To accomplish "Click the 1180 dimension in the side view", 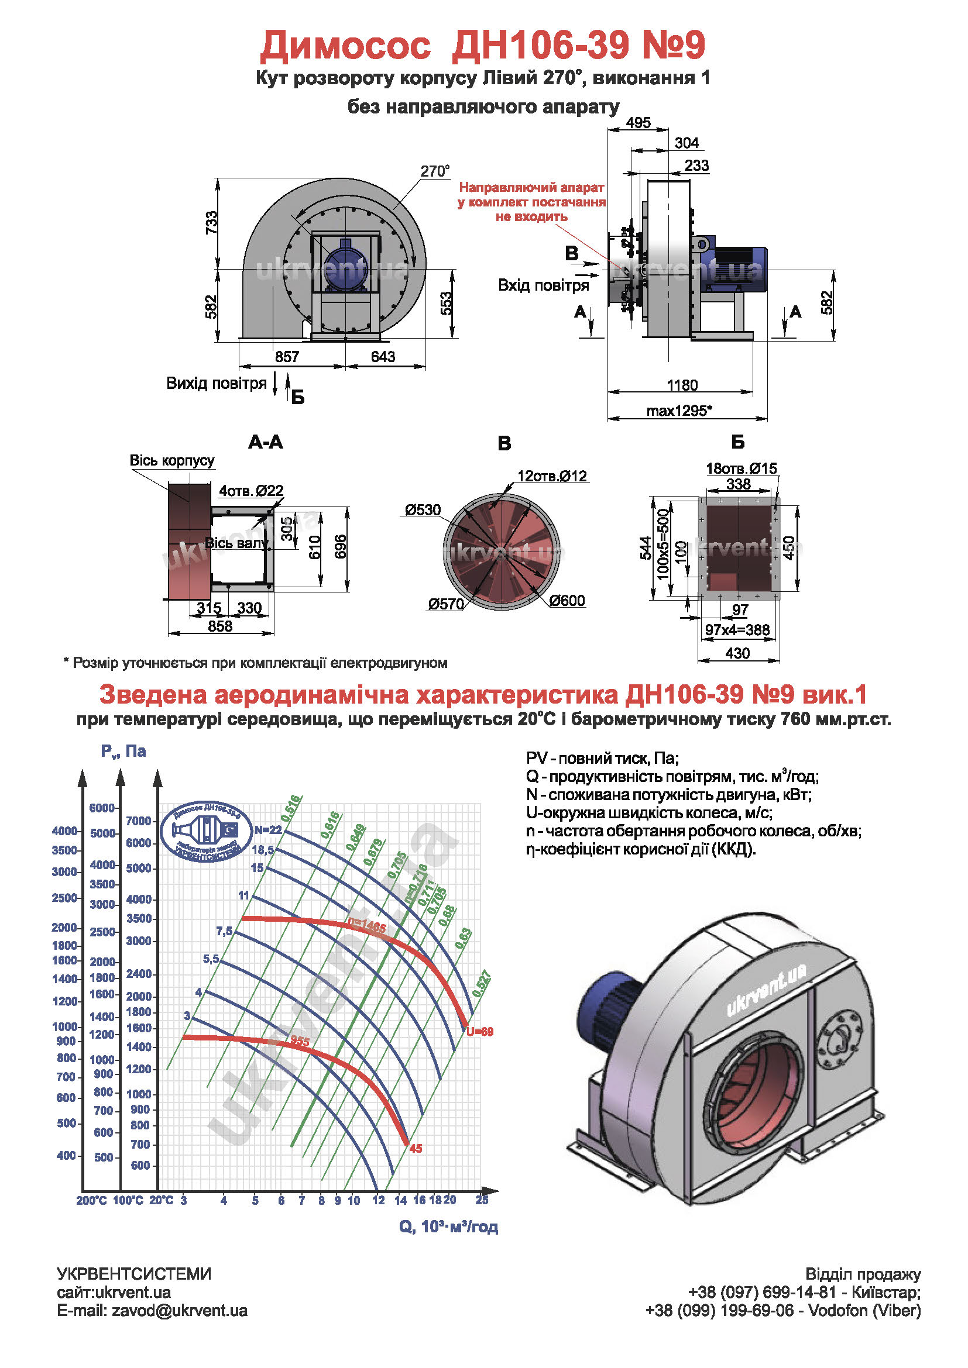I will click(x=682, y=385).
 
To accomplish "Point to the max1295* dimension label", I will click(x=679, y=411).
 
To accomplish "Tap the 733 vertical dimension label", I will click(x=212, y=223).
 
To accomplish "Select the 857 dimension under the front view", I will click(x=287, y=356).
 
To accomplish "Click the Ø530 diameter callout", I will click(x=423, y=509).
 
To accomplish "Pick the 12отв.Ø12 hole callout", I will click(x=552, y=476).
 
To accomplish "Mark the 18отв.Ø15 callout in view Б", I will click(x=742, y=468).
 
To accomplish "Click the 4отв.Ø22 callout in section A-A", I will click(x=251, y=490).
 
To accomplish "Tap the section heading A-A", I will click(x=265, y=442).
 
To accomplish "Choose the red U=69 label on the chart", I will click(x=480, y=1031).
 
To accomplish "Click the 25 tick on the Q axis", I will click(x=482, y=1200).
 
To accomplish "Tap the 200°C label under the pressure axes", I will click(x=91, y=1201).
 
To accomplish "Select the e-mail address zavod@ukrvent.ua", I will click(x=152, y=1310).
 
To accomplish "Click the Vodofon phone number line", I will click(x=783, y=1310).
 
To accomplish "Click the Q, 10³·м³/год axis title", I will click(x=448, y=1226).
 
